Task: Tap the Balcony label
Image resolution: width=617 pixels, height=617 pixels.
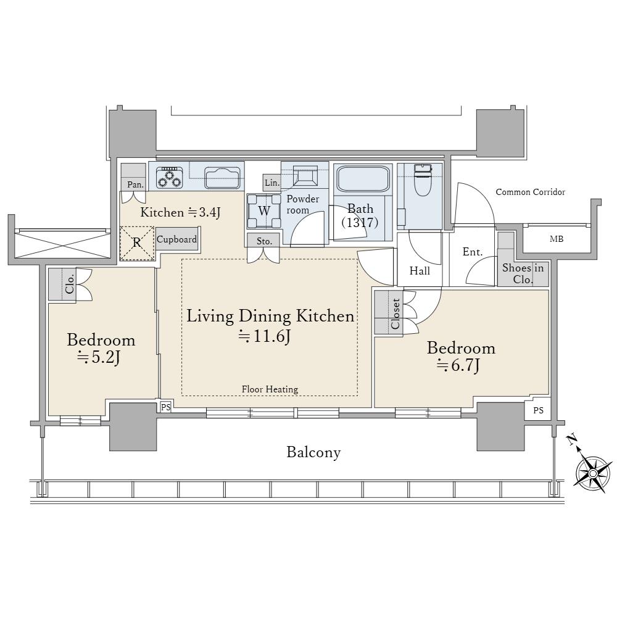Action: pyautogui.click(x=313, y=452)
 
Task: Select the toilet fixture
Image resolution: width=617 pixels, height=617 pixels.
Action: pyautogui.click(x=423, y=180)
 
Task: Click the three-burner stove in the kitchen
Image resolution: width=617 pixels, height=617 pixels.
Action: pyautogui.click(x=170, y=178)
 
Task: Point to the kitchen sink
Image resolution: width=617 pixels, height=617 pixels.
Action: pyautogui.click(x=222, y=178)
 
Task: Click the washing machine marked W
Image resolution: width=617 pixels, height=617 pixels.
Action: pyautogui.click(x=264, y=211)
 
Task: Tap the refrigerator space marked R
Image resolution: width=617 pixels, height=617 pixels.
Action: pyautogui.click(x=137, y=243)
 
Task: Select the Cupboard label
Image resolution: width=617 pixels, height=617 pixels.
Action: pyautogui.click(x=176, y=239)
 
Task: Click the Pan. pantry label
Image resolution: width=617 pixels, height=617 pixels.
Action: pyautogui.click(x=135, y=184)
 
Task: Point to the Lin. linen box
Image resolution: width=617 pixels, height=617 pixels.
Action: pyautogui.click(x=272, y=183)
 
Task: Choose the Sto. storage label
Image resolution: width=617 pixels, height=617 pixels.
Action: pyautogui.click(x=264, y=241)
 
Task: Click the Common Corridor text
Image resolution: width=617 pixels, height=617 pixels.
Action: pyautogui.click(x=530, y=192)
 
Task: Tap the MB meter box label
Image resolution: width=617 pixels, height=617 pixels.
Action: pyautogui.click(x=557, y=239)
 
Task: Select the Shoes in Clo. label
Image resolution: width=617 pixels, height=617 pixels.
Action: pyautogui.click(x=523, y=274)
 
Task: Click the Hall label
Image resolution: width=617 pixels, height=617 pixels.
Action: pyautogui.click(x=420, y=271)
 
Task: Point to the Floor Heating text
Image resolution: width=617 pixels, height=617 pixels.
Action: pyautogui.click(x=270, y=389)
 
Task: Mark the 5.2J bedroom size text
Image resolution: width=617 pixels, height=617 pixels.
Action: pyautogui.click(x=99, y=357)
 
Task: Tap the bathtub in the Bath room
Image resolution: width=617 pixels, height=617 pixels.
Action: pyautogui.click(x=362, y=180)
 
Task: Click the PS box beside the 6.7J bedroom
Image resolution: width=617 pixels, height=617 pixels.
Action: pyautogui.click(x=538, y=410)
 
